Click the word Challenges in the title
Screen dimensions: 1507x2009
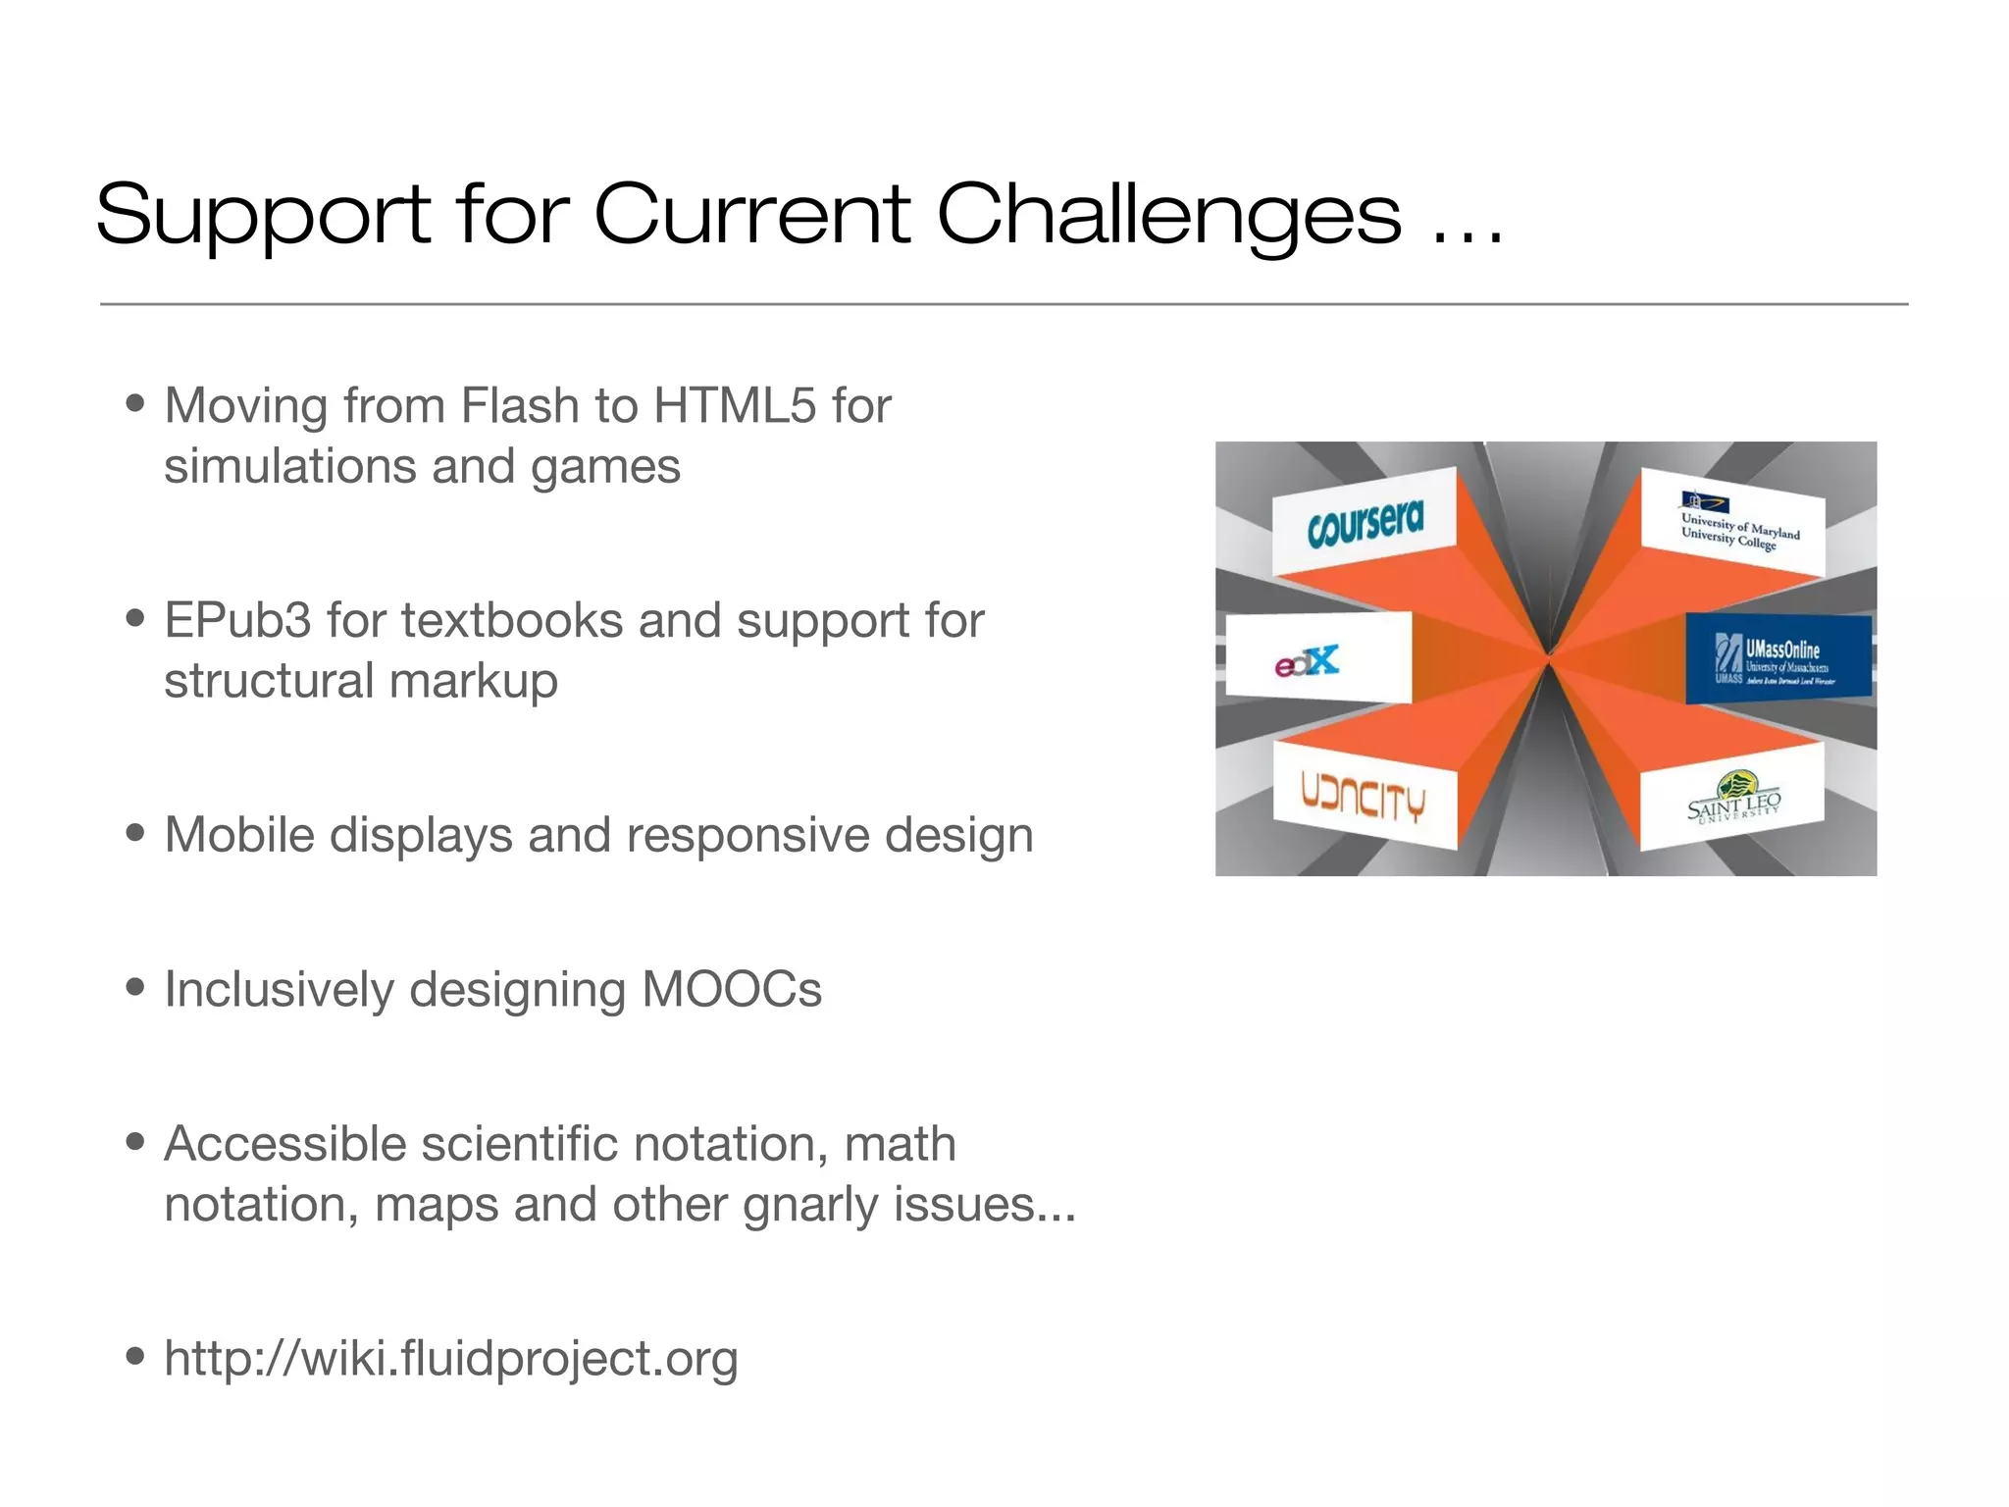1168,216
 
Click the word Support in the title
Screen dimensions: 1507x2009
263,216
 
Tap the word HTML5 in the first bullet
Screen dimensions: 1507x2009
735,405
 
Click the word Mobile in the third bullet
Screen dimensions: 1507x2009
238,835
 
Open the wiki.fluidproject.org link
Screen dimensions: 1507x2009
450,1359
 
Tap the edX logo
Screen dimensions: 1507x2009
1308,661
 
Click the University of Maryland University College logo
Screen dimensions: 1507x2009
1737,526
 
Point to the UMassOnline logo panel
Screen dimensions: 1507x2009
1777,658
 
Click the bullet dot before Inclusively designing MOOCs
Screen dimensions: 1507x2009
135,987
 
